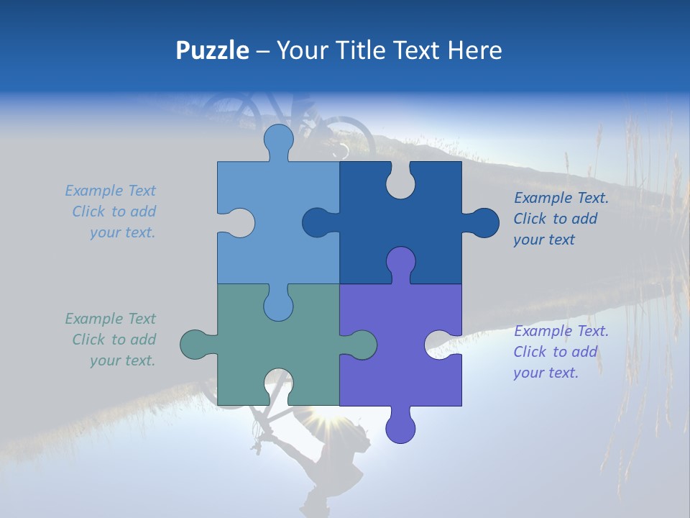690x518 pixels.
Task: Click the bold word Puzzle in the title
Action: pos(212,50)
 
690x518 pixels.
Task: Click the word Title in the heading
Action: pos(369,50)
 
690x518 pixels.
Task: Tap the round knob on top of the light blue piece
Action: pos(278,140)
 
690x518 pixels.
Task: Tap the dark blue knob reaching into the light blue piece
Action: pos(317,222)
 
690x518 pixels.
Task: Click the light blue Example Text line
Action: pos(110,191)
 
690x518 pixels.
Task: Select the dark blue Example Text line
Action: pos(561,198)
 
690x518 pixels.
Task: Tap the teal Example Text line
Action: pos(110,319)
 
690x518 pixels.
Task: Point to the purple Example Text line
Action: pos(561,331)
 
